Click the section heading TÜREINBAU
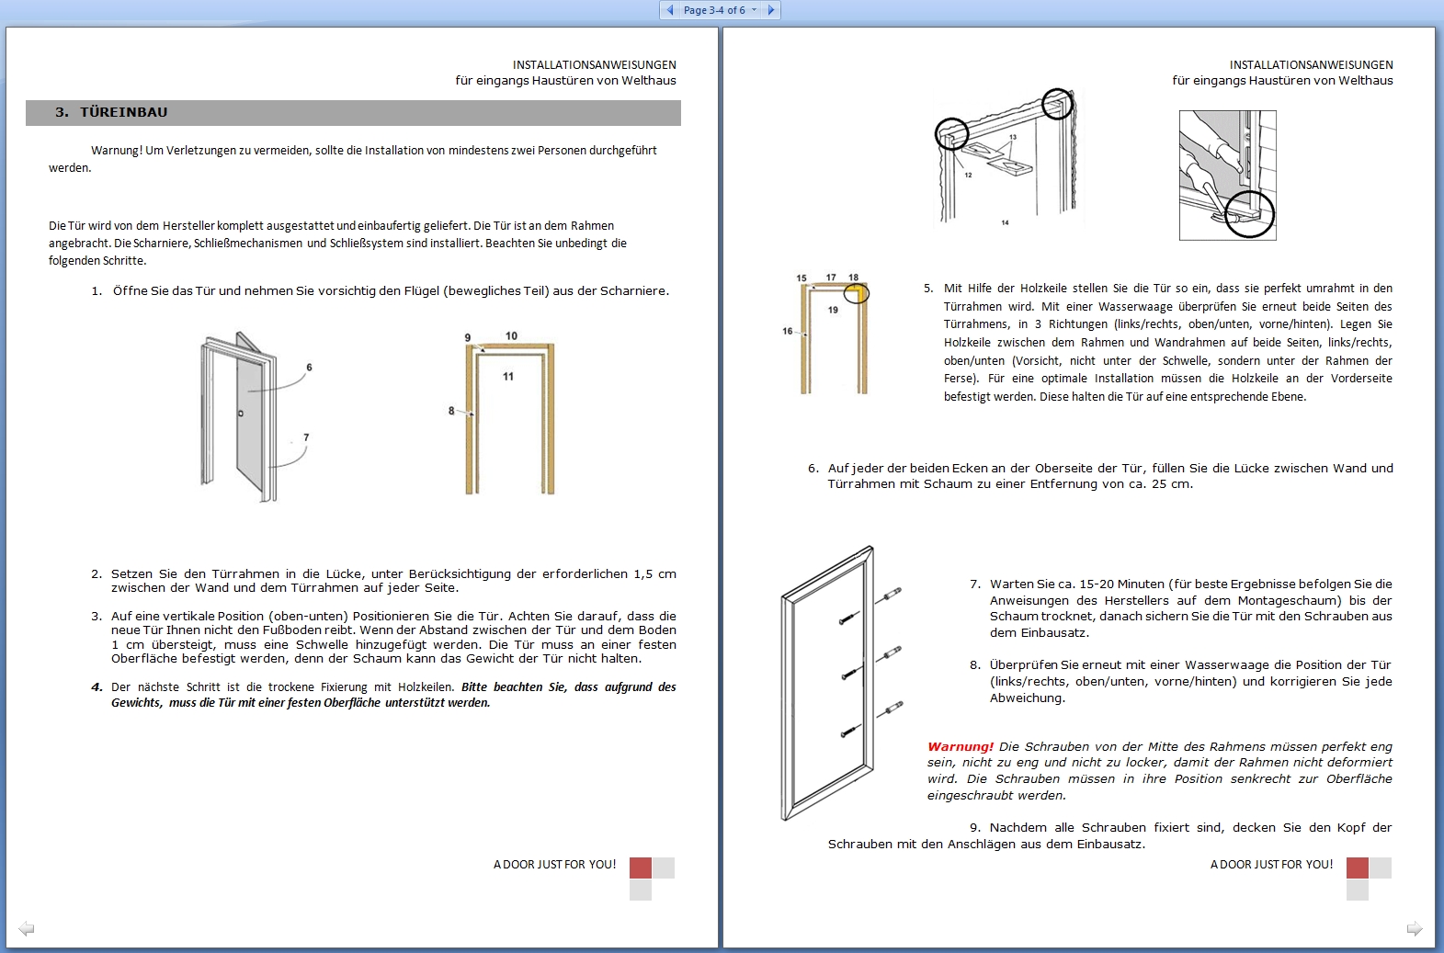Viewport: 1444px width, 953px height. [123, 112]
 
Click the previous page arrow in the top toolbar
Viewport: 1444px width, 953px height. [670, 10]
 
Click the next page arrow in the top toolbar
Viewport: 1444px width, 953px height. [770, 10]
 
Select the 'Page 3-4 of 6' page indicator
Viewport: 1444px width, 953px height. [714, 10]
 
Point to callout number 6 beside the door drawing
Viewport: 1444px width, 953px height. [309, 368]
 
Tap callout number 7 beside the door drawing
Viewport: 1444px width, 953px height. [306, 437]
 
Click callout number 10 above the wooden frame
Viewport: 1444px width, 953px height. [511, 336]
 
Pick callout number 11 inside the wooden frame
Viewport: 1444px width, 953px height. [508, 377]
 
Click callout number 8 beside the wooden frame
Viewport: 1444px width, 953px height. [451, 411]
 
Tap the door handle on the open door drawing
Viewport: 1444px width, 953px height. [241, 414]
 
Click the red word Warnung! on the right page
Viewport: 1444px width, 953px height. [960, 746]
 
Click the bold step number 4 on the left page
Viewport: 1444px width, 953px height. [97, 687]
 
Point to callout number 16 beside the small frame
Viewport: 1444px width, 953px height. [787, 332]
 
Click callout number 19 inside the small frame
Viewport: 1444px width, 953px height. [833, 310]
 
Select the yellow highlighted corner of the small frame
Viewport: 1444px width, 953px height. [856, 293]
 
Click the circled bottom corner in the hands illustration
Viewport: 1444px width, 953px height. [1249, 213]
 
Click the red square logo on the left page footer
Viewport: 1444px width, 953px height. [641, 868]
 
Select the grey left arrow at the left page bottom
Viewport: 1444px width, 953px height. [27, 929]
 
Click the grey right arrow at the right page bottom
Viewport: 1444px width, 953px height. [1415, 929]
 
